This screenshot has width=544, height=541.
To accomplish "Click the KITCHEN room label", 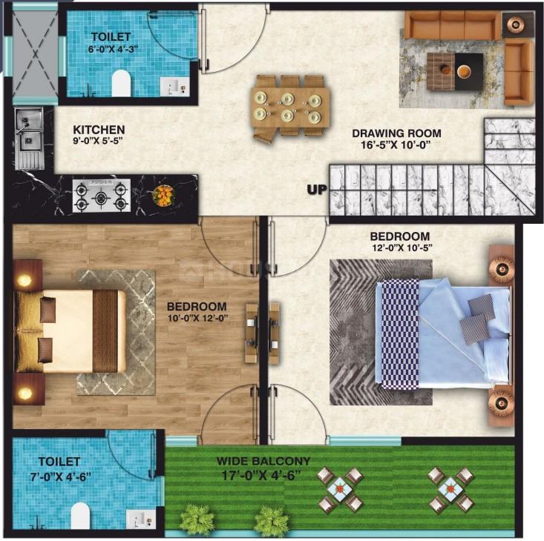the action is (99, 130).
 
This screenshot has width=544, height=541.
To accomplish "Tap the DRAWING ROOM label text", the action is (396, 133).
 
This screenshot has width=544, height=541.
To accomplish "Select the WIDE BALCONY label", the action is (263, 462).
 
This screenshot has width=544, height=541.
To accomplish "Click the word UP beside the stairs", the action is (317, 190).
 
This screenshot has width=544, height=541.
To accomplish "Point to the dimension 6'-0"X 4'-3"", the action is (113, 49).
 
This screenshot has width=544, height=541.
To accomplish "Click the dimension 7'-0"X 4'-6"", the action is (61, 477).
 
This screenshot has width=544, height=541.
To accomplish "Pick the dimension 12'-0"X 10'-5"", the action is (402, 248).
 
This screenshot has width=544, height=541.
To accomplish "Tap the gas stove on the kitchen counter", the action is (102, 196).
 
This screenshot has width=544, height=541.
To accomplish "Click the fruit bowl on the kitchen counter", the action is (163, 196).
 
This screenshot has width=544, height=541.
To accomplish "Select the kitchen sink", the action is (29, 139).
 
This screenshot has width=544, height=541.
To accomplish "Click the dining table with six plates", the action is (291, 108).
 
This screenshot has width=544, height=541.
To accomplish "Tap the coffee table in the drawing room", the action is (455, 72).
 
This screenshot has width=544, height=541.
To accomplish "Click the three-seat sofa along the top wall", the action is (453, 25).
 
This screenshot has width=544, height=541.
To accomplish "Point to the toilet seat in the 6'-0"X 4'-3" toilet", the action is (122, 83).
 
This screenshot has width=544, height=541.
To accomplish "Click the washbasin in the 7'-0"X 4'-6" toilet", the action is (140, 520).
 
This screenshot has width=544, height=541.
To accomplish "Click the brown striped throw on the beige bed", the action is (105, 331).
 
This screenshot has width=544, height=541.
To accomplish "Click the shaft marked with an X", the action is (35, 54).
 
